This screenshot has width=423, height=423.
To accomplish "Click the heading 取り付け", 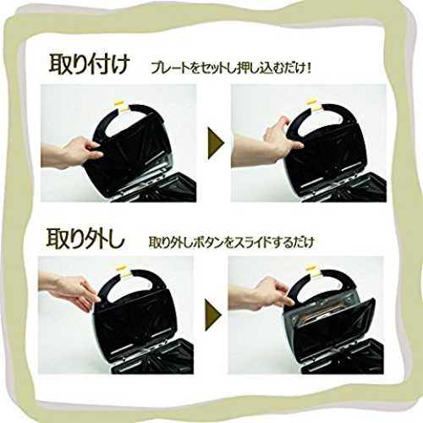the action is point(90,64).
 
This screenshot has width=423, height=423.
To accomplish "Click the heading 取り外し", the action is point(85,239).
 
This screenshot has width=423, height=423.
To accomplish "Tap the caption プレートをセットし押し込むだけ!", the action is point(231,69).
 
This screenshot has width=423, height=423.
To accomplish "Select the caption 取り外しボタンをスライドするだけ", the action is point(231,243).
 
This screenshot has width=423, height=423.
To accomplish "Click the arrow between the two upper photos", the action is point(216,143).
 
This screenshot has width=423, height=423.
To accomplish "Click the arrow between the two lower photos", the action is point(213,315).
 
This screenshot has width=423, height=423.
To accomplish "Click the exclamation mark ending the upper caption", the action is point(309,69).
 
